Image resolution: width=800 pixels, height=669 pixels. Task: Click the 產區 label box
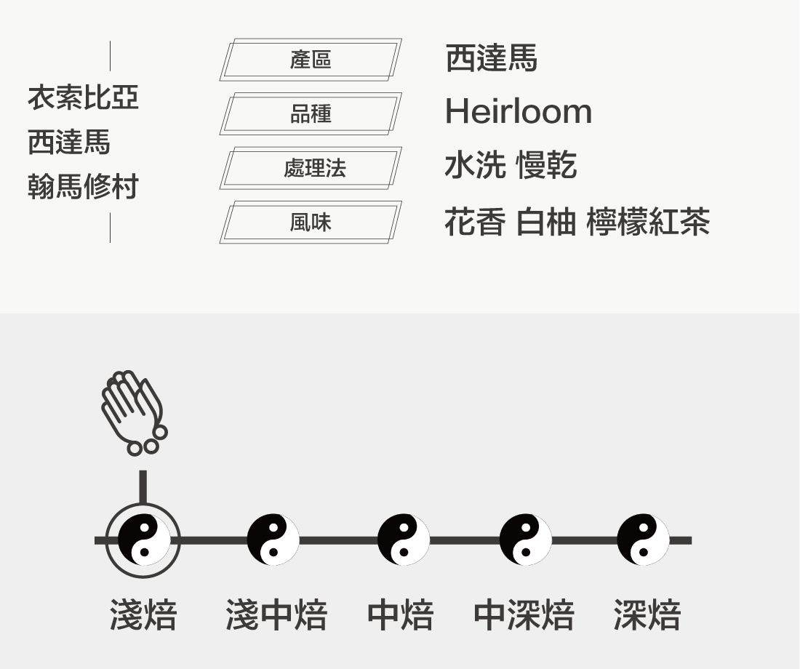[311, 60]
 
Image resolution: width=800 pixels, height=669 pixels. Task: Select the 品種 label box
[311, 114]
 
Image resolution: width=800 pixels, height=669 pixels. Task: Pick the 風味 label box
[311, 223]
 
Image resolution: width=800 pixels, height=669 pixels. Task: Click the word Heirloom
[518, 112]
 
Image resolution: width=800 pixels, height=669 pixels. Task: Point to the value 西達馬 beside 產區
[491, 58]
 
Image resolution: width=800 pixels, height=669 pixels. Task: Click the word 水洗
[475, 166]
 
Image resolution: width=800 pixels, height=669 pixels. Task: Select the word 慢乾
[546, 166]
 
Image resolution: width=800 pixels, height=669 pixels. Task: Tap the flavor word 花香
[475, 222]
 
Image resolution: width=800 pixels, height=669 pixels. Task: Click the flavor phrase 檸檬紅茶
[647, 222]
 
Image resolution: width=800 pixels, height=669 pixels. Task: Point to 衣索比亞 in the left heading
[83, 97]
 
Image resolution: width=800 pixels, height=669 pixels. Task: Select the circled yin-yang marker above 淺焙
[143, 540]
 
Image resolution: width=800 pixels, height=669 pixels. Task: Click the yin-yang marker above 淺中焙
[273, 540]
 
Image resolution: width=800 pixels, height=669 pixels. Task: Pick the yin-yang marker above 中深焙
[525, 540]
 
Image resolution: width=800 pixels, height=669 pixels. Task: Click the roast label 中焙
[400, 615]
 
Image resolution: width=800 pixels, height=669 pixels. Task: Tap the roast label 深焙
[647, 615]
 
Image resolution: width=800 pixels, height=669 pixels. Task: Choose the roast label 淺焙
[143, 615]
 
